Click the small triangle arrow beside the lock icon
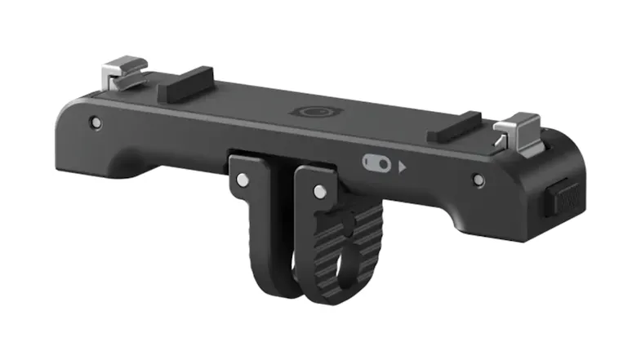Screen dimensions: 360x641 (x=403, y=168)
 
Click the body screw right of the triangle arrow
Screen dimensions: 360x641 (x=477, y=177)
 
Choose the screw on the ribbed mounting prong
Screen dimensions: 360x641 (x=318, y=191)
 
